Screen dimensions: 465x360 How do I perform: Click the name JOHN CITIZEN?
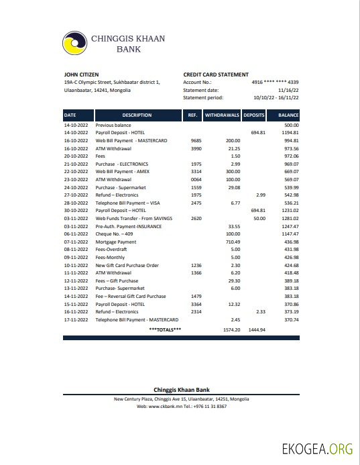pos(81,74)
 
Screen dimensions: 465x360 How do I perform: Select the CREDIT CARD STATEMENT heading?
pos(216,74)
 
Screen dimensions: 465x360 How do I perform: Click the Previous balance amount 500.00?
pos(291,125)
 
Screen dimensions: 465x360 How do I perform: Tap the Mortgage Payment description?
pos(116,242)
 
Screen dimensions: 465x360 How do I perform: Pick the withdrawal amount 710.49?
pos(233,242)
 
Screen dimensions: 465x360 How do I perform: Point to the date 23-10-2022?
pos(75,180)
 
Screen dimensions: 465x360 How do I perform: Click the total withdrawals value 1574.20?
pos(231,330)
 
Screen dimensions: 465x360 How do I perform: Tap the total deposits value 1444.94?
pos(257,330)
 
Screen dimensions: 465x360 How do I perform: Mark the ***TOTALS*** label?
pos(165,330)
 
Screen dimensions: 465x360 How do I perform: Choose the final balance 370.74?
pos(291,319)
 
